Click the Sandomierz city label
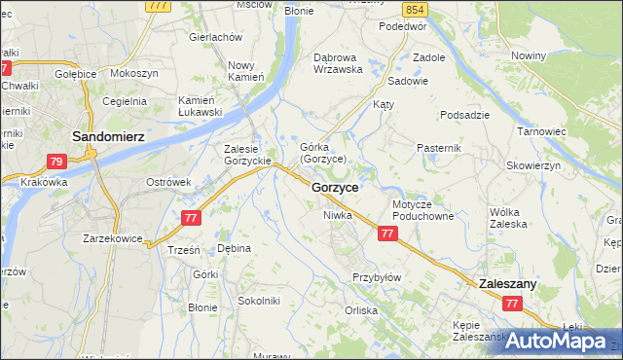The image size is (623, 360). [x=109, y=137]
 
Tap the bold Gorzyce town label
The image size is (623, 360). [x=335, y=186]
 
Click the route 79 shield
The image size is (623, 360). [x=56, y=162]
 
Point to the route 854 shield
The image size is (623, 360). [x=417, y=9]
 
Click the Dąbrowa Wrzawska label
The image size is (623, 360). [x=338, y=62]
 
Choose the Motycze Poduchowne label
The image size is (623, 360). [x=424, y=211]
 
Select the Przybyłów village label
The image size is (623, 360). [x=377, y=277]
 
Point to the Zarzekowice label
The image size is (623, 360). [x=113, y=237]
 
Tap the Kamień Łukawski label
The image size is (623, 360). [x=201, y=106]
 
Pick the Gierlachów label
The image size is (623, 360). [x=215, y=36]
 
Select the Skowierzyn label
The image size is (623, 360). [x=533, y=165]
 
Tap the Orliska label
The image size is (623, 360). [x=360, y=311]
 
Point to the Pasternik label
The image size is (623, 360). [x=438, y=147]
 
